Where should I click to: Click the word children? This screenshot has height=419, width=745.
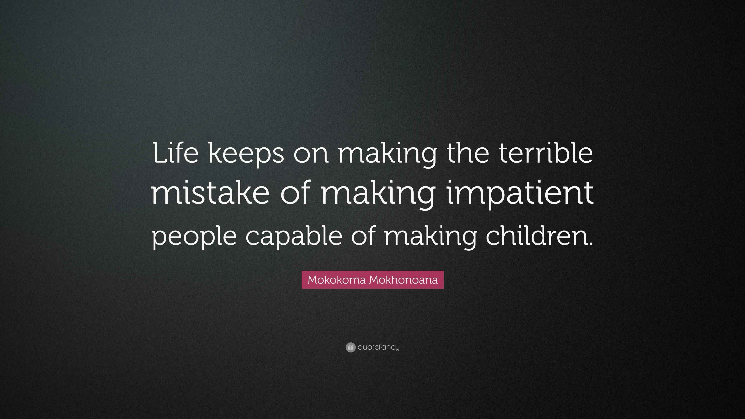[x=535, y=235]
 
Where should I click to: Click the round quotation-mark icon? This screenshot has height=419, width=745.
[x=350, y=347]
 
